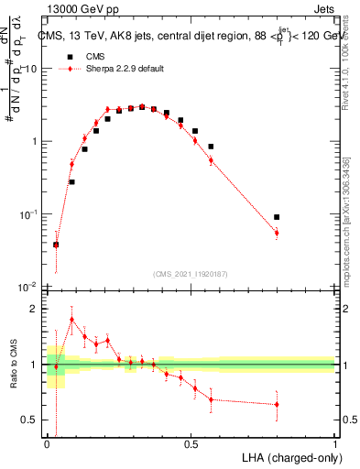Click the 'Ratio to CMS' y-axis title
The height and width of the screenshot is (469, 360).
[13, 365]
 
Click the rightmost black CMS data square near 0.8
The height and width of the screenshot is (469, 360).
[277, 217]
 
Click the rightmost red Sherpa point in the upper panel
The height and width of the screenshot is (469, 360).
[277, 233]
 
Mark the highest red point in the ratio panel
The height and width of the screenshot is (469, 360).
[72, 320]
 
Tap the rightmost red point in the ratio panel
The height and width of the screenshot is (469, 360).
[277, 404]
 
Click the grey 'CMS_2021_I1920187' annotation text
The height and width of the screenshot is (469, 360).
[191, 274]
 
